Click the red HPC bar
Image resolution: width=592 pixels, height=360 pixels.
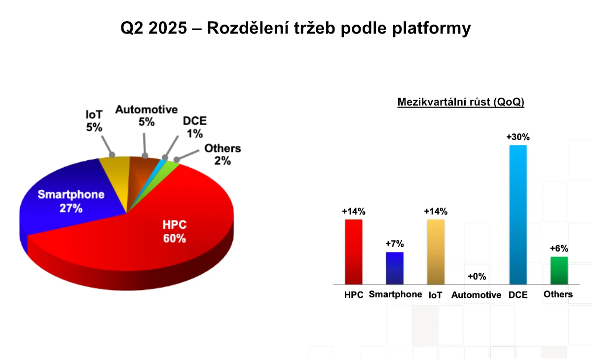point(354,252)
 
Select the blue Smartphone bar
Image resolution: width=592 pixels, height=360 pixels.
point(395,268)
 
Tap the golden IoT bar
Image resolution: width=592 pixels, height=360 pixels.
point(436,252)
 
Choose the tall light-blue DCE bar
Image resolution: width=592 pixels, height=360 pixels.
point(518,215)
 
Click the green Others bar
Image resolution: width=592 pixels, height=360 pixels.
point(559,270)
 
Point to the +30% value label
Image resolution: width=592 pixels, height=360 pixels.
point(518,137)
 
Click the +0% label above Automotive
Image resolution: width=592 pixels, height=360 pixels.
point(477,277)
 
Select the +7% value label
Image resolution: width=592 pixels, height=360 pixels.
point(395,244)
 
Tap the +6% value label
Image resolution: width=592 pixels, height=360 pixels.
point(559,248)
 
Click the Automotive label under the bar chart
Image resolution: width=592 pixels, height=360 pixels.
point(476,295)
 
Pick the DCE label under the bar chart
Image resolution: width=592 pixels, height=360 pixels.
point(518,295)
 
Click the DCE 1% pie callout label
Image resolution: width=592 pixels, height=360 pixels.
point(195,127)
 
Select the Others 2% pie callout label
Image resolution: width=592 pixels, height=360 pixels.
point(223,154)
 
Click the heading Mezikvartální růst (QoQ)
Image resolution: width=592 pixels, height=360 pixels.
point(461,102)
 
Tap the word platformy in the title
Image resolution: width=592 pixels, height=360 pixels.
point(432,28)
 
